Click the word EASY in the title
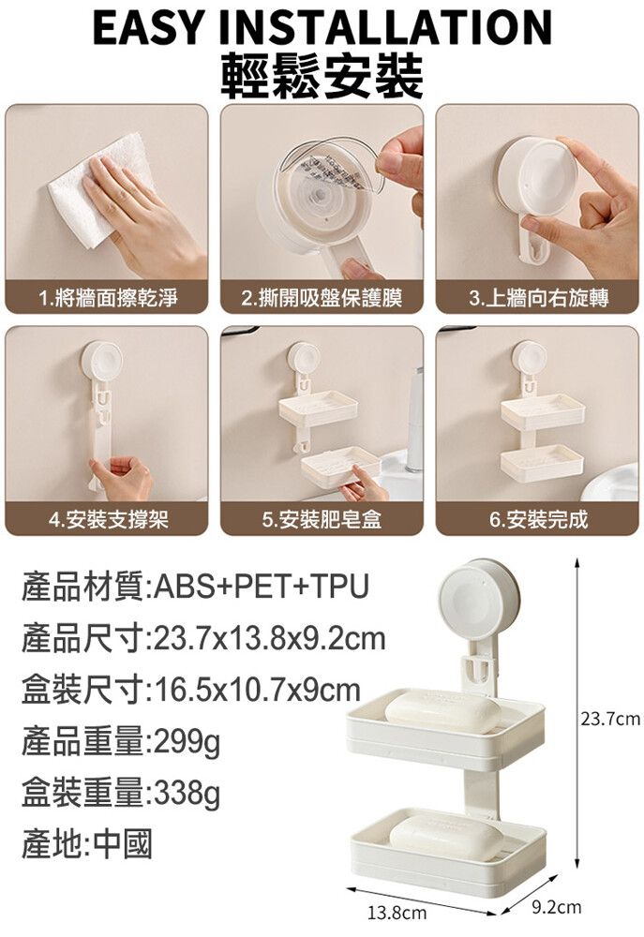tap(148, 27)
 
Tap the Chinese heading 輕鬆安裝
tap(322, 76)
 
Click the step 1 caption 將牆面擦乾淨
tap(116, 298)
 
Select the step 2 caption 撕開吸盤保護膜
tap(331, 298)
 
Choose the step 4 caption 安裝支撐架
tap(117, 519)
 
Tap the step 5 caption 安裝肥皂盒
tap(330, 519)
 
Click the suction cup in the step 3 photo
tap(536, 177)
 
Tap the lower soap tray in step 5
tap(340, 465)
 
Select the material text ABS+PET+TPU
tap(262, 587)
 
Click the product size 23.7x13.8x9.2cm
tap(270, 638)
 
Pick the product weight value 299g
tap(187, 743)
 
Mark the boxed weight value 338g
tap(187, 795)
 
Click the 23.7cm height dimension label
tap(610, 719)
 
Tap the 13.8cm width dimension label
tap(397, 913)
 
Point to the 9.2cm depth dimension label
tap(556, 908)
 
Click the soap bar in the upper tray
tap(443, 711)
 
